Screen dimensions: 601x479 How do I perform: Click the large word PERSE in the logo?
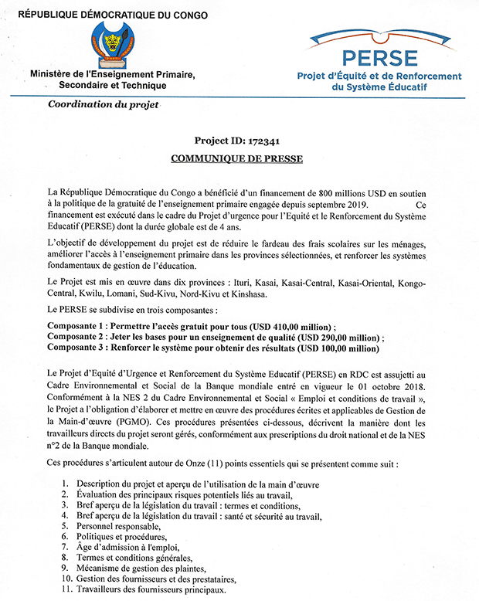click(380, 57)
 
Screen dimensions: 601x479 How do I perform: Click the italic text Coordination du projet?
click(103, 104)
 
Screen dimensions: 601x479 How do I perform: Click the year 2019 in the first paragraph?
click(356, 204)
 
